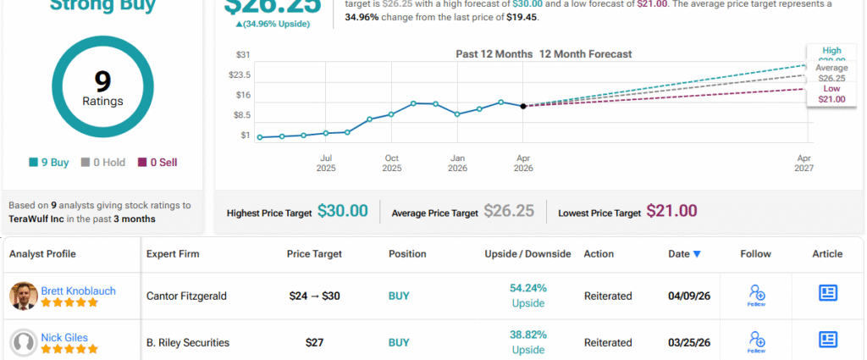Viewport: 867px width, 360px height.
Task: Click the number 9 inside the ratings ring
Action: click(102, 82)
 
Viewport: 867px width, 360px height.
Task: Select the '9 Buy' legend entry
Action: click(49, 162)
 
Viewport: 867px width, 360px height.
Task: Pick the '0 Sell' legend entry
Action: click(157, 162)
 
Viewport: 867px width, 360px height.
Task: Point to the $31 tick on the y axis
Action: click(244, 55)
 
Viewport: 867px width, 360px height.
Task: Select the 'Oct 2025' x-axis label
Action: click(391, 163)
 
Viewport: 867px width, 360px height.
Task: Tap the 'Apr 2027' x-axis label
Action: click(803, 163)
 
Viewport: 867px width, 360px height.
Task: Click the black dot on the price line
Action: click(523, 106)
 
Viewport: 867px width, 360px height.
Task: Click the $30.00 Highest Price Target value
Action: click(342, 211)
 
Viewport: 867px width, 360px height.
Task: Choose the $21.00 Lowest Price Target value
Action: click(671, 211)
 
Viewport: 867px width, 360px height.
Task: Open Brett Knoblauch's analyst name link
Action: click(78, 291)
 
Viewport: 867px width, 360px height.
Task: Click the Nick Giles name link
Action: click(64, 336)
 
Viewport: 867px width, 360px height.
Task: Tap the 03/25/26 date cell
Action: click(684, 342)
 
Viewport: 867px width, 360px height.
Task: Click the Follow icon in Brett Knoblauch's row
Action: click(756, 295)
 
